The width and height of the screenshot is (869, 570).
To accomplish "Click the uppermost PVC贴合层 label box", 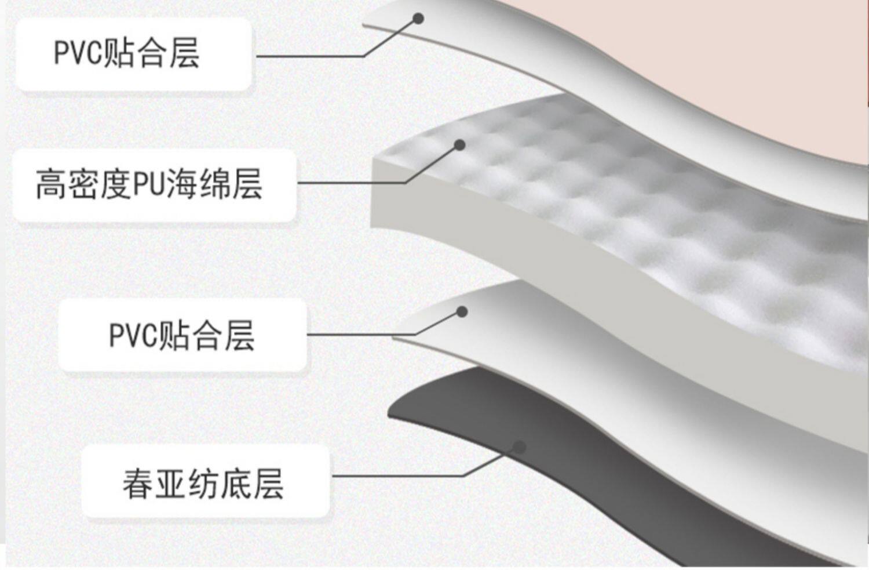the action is point(133,54).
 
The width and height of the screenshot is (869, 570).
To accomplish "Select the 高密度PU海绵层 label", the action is point(154,185).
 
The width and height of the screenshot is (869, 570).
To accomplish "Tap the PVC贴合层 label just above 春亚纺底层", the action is point(182,335).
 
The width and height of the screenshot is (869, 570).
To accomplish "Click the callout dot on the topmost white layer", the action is point(418,19).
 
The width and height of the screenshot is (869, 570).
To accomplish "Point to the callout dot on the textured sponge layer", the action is point(459,145).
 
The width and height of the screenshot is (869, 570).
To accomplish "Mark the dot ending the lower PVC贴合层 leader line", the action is point(462,312).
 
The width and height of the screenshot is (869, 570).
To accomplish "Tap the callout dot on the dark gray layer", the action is point(520,447).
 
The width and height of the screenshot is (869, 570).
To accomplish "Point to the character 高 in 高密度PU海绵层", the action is point(49,185).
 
